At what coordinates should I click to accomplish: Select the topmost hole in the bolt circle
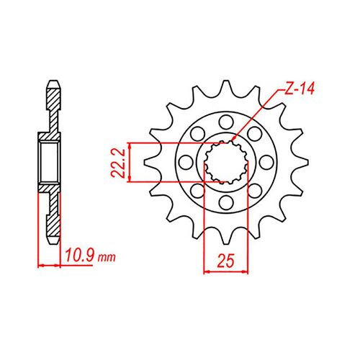pos(225,119)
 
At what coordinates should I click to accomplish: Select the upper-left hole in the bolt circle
pos(195,132)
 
